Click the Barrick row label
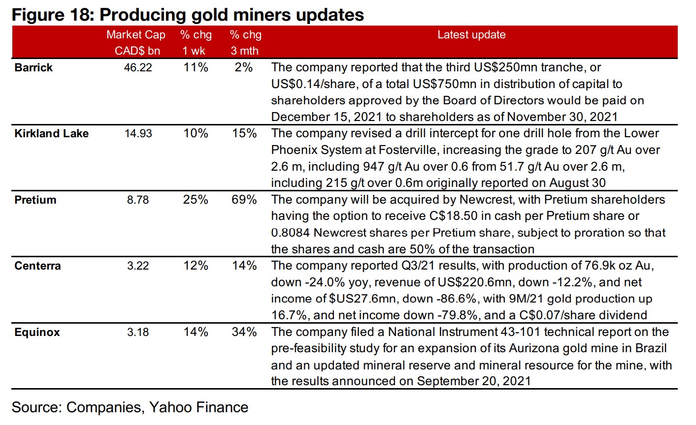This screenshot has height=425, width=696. click(33, 68)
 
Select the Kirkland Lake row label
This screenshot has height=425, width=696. click(51, 134)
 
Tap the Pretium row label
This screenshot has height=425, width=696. click(35, 200)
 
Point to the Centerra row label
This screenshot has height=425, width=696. click(37, 266)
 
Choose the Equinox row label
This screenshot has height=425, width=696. click(37, 333)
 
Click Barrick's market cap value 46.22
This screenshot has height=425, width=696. click(138, 68)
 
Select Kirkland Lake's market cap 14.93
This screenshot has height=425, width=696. click(138, 134)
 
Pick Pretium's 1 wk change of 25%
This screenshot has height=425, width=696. click(196, 200)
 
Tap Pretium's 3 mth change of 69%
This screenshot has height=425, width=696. click(244, 200)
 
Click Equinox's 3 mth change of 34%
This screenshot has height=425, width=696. click(244, 333)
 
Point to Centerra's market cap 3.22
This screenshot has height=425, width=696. click(138, 266)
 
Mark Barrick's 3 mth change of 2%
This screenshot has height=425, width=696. click(244, 68)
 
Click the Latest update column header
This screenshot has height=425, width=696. click(471, 35)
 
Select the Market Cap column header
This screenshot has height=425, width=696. click(136, 35)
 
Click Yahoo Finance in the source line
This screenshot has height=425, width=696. click(199, 407)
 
